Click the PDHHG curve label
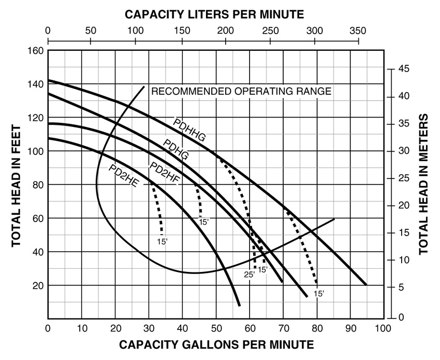pos(189,129)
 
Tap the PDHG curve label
pos(175,149)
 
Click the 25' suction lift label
pos(250,275)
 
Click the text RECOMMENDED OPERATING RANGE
pos(241,92)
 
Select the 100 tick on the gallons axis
pos(383,328)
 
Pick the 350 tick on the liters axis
pos(357,30)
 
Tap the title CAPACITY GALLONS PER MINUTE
pos(216,344)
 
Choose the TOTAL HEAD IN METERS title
pos(424,184)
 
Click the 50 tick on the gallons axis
pos(216,328)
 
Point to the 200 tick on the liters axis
pos(224,30)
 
